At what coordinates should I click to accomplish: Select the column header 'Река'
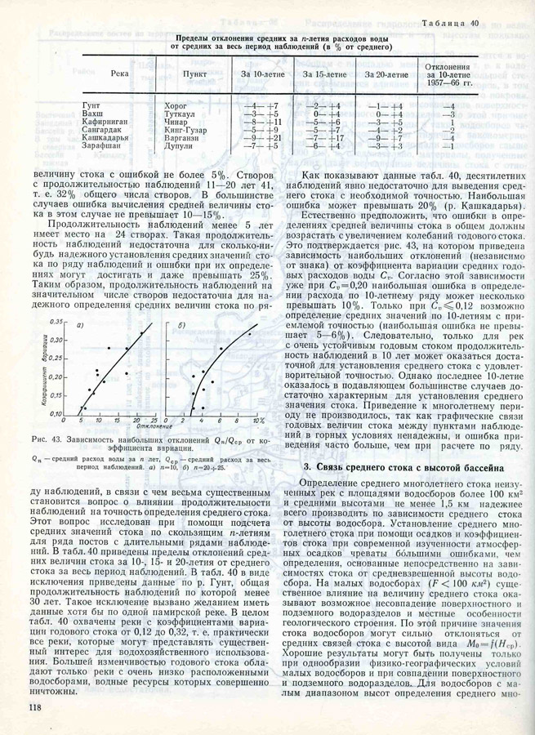[119, 74]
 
